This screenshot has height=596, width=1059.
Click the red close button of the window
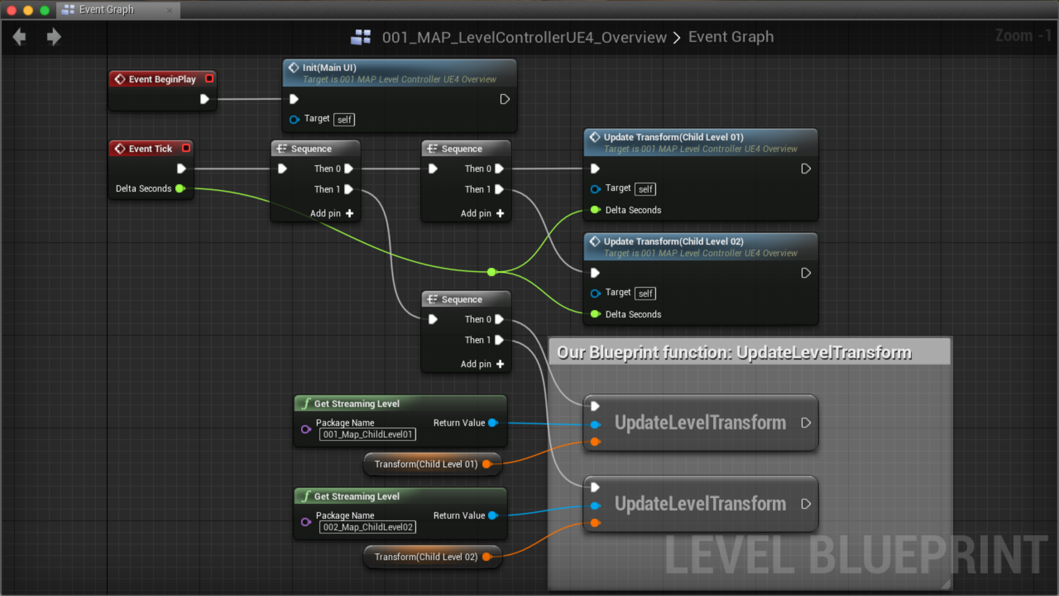(12, 10)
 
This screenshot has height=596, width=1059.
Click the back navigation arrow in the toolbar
(20, 37)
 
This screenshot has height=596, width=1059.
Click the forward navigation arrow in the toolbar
(54, 37)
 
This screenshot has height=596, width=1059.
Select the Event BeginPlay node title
(162, 79)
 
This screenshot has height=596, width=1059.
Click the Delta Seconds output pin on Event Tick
(180, 189)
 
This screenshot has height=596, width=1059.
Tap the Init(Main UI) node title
(329, 68)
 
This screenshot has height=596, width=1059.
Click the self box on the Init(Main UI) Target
(344, 120)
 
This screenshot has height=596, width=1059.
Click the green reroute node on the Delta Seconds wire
(491, 272)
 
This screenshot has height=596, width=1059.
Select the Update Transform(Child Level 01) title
(673, 137)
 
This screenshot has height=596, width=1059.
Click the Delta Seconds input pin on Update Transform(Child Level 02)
(595, 314)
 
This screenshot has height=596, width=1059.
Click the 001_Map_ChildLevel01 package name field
(367, 435)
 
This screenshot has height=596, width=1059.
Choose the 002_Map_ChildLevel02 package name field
(367, 528)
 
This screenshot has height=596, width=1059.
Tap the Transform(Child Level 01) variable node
(426, 464)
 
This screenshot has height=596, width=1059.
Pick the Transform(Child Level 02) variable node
(426, 557)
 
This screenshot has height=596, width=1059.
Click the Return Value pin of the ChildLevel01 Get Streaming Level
(493, 423)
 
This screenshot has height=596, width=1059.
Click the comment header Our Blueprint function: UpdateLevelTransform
(734, 353)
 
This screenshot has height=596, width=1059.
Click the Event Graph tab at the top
(106, 10)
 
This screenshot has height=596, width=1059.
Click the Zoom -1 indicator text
(1023, 36)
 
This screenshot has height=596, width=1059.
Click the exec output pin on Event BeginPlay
(204, 99)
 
